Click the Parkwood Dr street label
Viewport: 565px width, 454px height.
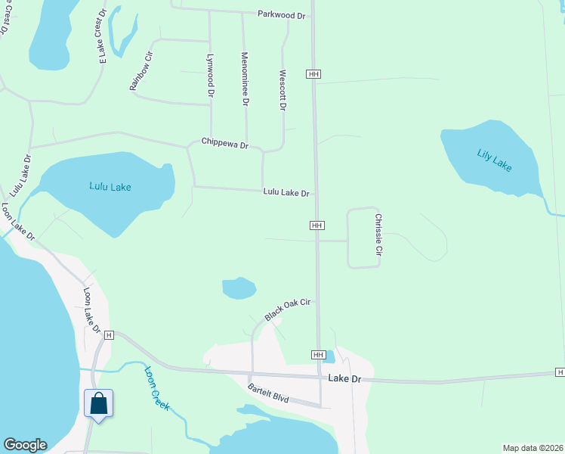pyautogui.click(x=281, y=14)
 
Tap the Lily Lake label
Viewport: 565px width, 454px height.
pyautogui.click(x=495, y=160)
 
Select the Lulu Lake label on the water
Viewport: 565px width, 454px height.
pyautogui.click(x=110, y=186)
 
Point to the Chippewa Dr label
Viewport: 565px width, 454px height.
pyautogui.click(x=225, y=142)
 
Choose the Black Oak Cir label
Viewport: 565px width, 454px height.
pyautogui.click(x=288, y=309)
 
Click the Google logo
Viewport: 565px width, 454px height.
pyautogui.click(x=25, y=445)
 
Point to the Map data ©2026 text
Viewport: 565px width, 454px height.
pyautogui.click(x=533, y=448)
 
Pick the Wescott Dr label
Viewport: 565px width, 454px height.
pyautogui.click(x=283, y=91)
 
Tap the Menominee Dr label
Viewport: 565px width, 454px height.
pyautogui.click(x=245, y=79)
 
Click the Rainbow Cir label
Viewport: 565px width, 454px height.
pyautogui.click(x=141, y=70)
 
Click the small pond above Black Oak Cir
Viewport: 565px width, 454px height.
pyautogui.click(x=239, y=288)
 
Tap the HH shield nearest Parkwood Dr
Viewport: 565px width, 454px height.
pyautogui.click(x=314, y=73)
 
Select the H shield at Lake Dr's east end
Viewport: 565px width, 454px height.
pyautogui.click(x=560, y=372)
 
